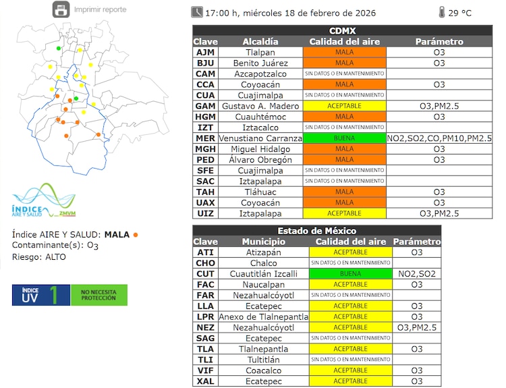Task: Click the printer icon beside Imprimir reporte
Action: click(x=61, y=9)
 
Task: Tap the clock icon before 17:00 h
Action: click(x=197, y=11)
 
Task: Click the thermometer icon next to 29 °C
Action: click(x=441, y=12)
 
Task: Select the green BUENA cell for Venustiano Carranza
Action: click(x=344, y=138)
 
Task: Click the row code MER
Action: click(x=205, y=138)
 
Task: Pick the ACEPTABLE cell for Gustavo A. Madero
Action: click(x=344, y=106)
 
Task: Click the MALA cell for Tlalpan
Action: click(x=344, y=52)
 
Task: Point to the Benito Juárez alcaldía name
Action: click(x=260, y=63)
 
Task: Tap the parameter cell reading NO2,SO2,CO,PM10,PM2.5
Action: click(x=439, y=138)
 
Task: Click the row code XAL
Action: click(x=205, y=381)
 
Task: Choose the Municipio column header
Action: click(x=261, y=242)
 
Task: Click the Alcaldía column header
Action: click(x=260, y=41)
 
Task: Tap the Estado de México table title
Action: click(x=316, y=231)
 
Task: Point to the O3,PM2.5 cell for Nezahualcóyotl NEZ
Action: click(x=417, y=328)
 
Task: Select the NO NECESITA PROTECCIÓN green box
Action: click(x=99, y=295)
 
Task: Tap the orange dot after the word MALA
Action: click(x=136, y=235)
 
